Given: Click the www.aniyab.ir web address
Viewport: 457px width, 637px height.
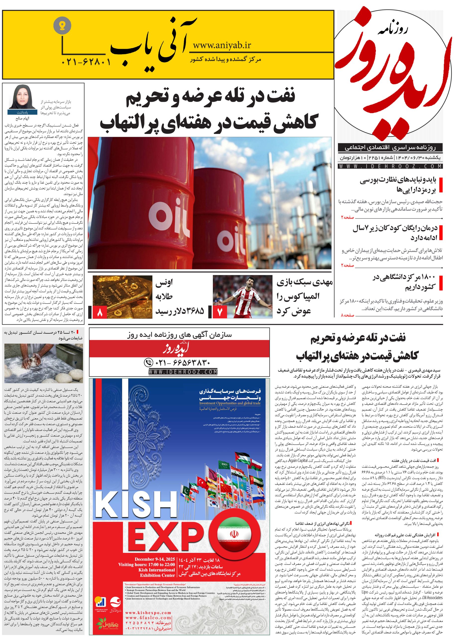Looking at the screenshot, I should [222, 45].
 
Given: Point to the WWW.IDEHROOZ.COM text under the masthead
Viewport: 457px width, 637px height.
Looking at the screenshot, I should [391, 166].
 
